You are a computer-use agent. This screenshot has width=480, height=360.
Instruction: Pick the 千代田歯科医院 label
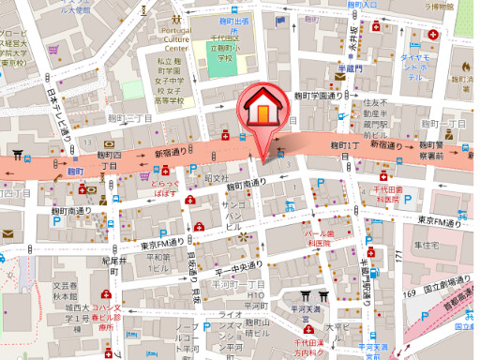386,194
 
